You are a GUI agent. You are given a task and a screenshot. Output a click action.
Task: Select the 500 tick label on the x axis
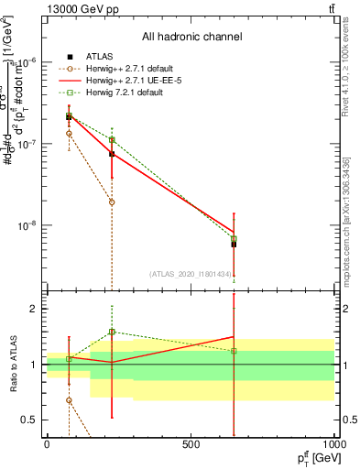tap(191, 443)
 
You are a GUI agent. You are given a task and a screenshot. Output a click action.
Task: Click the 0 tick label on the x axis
tap(47, 443)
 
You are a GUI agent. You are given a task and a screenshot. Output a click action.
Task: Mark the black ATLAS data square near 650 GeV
tap(234, 244)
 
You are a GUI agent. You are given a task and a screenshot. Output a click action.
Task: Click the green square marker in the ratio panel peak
tap(112, 332)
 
